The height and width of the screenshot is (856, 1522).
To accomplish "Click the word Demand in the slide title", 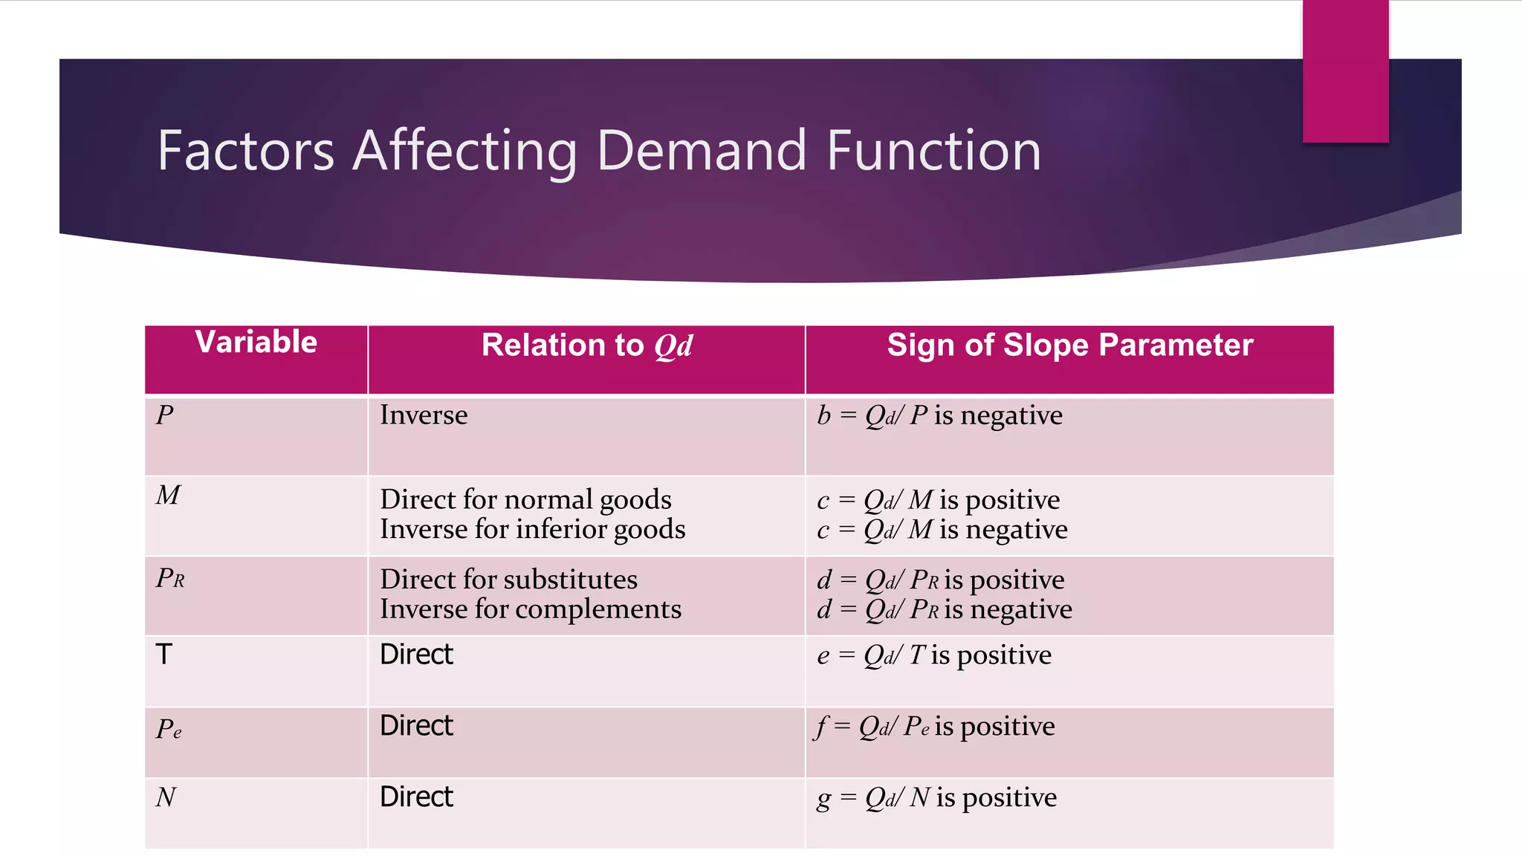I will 701,151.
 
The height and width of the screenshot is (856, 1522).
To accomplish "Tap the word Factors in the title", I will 246,151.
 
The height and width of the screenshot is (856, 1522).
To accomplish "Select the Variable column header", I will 256,343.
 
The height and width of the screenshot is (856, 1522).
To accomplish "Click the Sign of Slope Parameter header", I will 1069,346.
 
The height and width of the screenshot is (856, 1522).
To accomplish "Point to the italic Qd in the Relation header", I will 673,346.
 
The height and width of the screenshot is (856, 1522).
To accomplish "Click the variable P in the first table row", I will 164,415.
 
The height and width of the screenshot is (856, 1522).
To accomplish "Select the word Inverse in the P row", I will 424,415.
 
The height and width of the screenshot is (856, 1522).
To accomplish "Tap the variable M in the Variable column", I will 168,495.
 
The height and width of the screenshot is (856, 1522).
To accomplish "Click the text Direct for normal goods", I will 525,499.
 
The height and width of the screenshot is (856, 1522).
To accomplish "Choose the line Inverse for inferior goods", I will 532,529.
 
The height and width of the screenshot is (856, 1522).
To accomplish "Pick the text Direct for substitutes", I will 508,580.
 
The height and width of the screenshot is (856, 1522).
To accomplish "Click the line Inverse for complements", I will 530,609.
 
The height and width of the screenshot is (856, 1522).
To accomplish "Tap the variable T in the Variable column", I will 163,655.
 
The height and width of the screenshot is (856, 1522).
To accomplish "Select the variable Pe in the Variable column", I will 169,729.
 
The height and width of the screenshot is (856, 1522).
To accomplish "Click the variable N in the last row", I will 166,797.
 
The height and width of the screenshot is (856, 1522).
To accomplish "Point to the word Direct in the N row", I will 416,797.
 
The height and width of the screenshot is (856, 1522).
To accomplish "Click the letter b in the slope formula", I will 823,415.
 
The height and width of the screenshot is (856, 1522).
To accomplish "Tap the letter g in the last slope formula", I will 823,799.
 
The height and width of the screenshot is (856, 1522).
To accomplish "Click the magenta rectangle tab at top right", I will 1345,71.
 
